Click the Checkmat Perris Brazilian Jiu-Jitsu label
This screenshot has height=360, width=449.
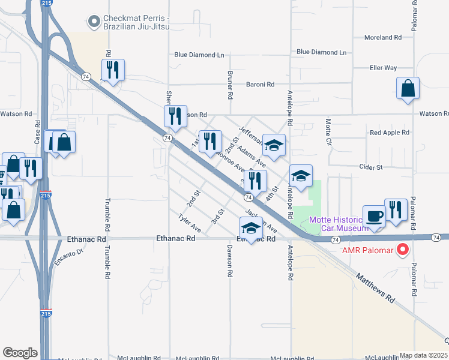pyautogui.click(x=136, y=23)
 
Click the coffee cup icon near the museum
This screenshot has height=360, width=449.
pyautogui.click(x=375, y=217)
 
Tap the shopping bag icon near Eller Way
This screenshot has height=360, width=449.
pyautogui.click(x=408, y=89)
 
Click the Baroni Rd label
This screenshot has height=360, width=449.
pyautogui.click(x=260, y=85)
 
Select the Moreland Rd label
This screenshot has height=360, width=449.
pyautogui.click(x=383, y=37)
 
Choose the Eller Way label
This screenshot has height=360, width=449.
pyautogui.click(x=384, y=68)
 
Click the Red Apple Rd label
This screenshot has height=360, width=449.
pyautogui.click(x=389, y=132)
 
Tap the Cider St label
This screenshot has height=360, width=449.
pyautogui.click(x=370, y=167)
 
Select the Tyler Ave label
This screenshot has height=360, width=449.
pyautogui.click(x=190, y=224)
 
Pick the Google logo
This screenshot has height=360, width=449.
pyautogui.click(x=20, y=353)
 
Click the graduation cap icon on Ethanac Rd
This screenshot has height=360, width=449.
pyautogui.click(x=251, y=229)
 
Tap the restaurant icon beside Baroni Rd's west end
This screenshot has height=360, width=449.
pyautogui.click(x=113, y=70)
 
